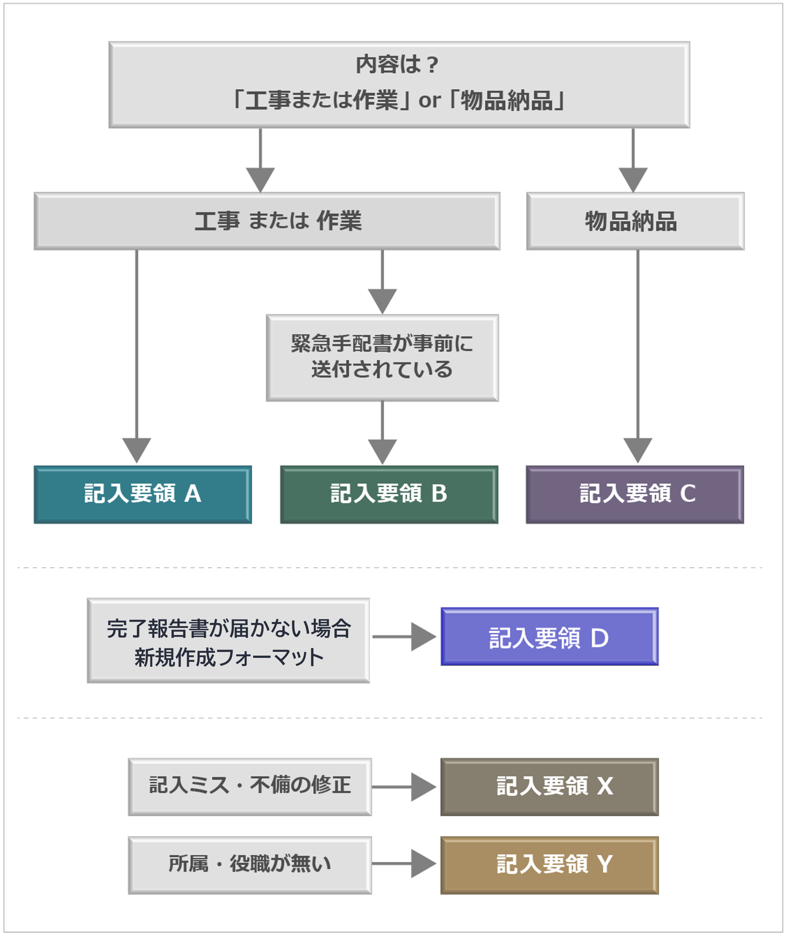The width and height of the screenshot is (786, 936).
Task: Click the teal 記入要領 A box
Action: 143,494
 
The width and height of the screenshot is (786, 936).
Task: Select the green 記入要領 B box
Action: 389,494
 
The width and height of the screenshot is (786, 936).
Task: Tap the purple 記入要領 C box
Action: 635,494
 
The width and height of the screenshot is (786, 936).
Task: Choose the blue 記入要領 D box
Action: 549,637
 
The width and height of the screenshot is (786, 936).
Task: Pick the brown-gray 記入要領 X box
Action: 549,787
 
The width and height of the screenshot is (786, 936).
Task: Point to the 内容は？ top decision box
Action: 399,85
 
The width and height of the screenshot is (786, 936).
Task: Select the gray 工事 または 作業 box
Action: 267,221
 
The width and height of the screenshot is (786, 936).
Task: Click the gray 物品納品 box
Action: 635,221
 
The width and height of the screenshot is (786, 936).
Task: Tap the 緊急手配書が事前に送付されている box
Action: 382,358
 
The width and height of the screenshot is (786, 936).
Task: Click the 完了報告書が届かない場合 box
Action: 228,640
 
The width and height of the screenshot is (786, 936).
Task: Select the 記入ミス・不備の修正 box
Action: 250,787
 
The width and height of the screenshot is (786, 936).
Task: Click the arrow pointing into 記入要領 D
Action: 404,637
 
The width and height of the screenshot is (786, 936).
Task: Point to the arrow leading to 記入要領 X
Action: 404,787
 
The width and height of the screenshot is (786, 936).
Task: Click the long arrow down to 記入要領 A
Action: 137,357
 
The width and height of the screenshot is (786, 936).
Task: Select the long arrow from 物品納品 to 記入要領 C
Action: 638,357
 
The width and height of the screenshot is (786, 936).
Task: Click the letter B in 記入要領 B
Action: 439,493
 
